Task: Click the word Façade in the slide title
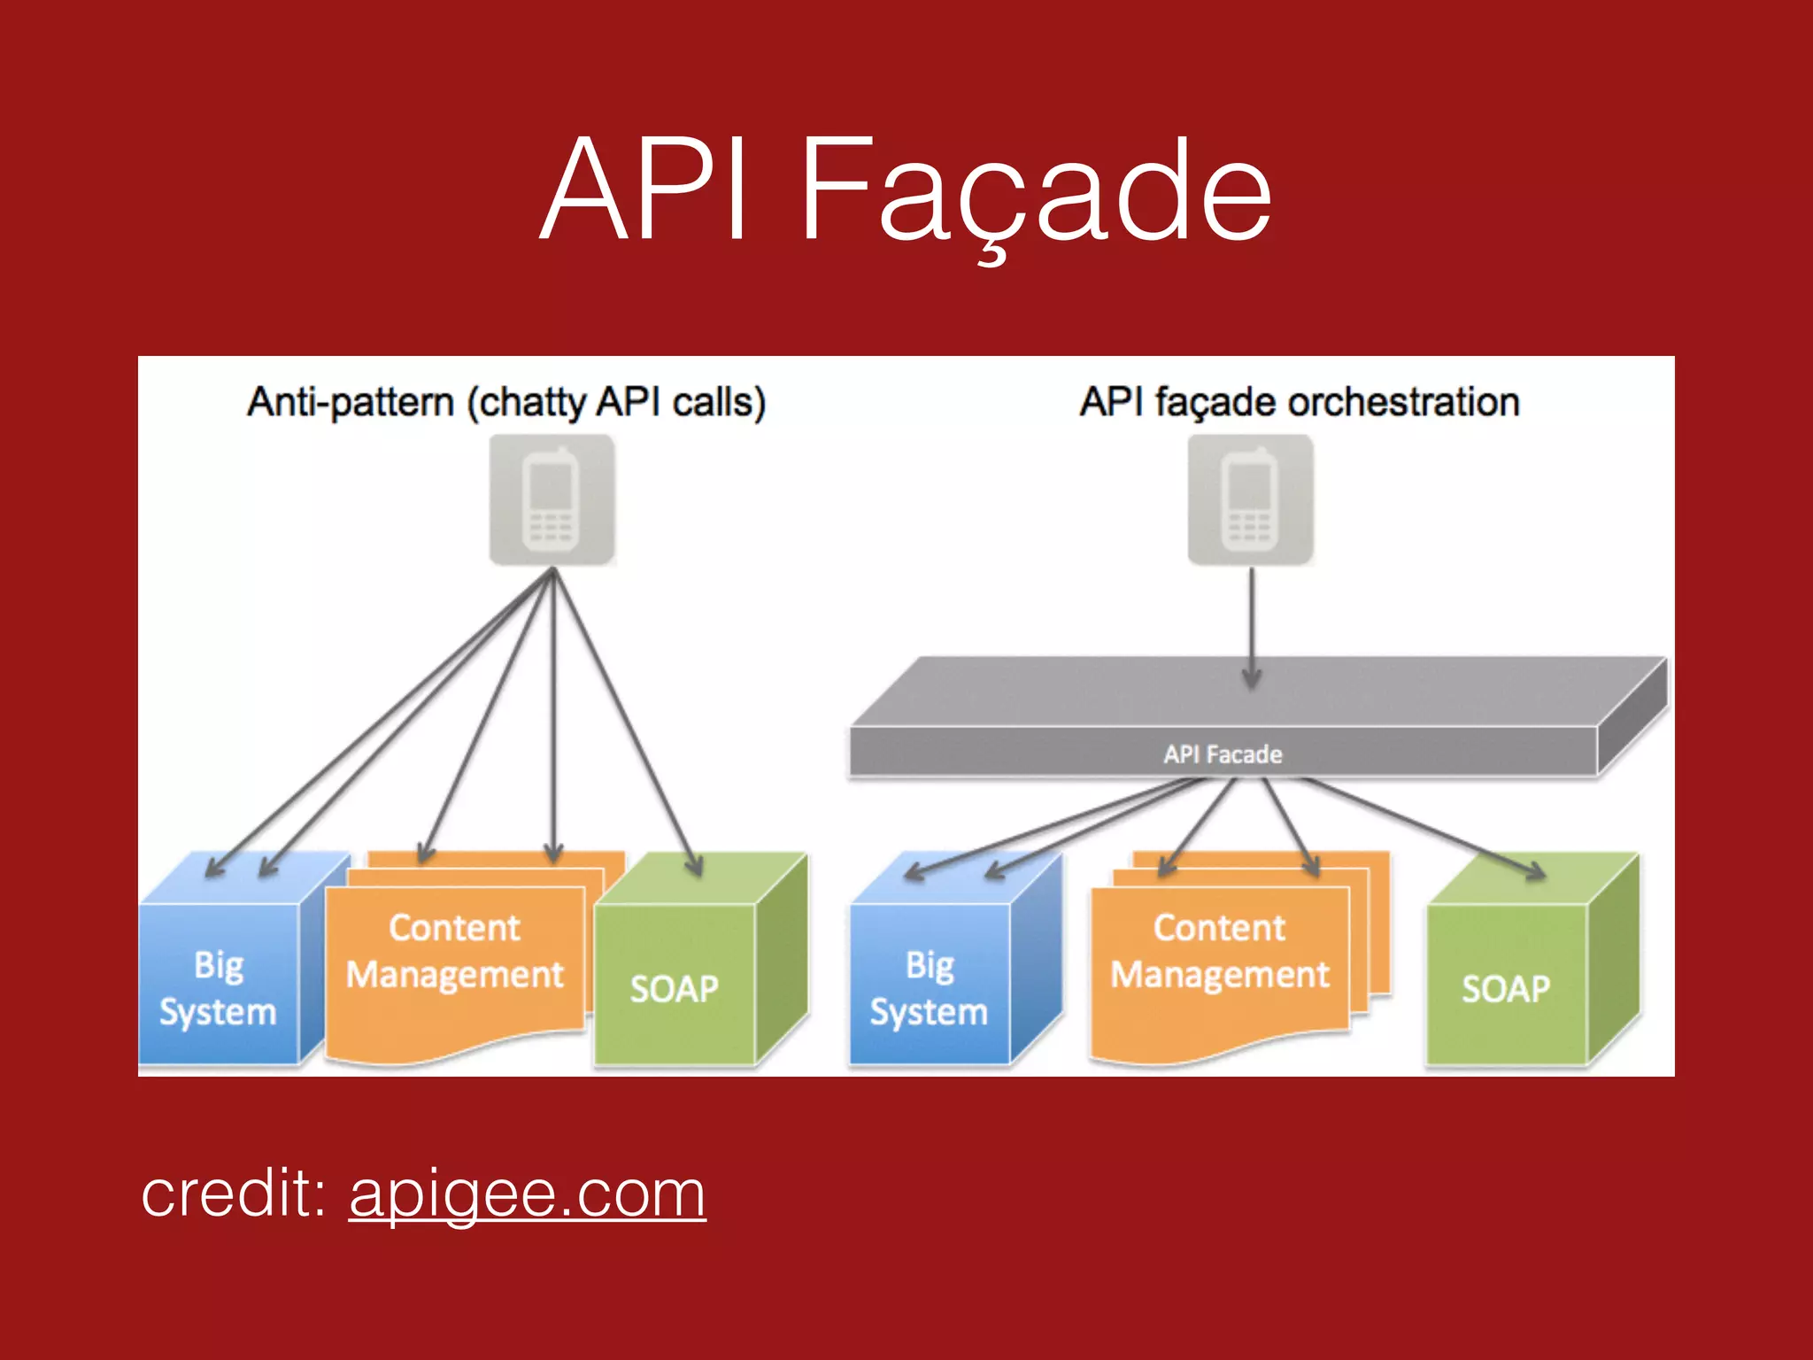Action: point(1036,190)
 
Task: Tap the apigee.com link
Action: point(528,1194)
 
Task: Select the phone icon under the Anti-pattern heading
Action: point(552,499)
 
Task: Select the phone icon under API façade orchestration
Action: point(1250,499)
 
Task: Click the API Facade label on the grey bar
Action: point(1223,754)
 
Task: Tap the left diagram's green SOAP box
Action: point(675,987)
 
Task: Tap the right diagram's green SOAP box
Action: point(1506,987)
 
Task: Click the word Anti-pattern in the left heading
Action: point(351,402)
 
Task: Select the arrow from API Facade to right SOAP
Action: point(1425,828)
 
